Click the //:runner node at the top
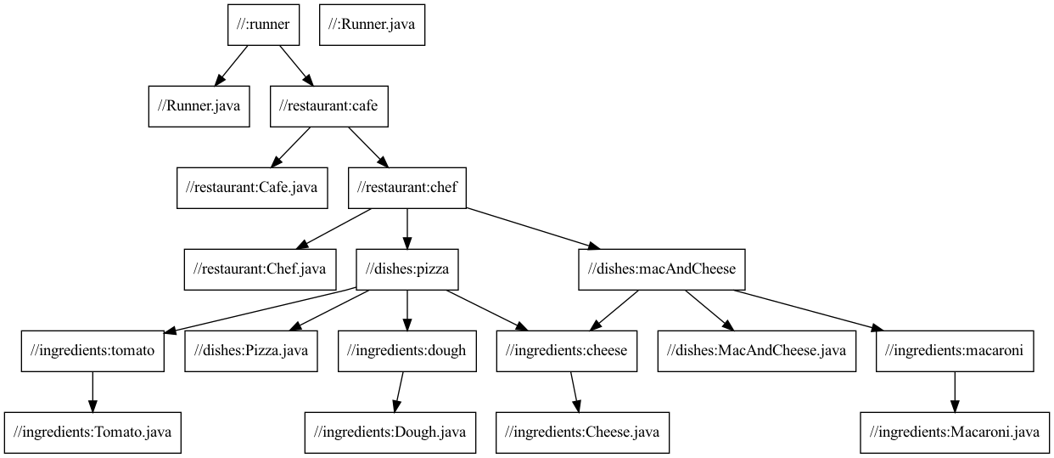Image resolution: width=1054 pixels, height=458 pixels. (x=264, y=25)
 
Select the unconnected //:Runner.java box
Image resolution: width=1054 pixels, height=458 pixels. (x=372, y=25)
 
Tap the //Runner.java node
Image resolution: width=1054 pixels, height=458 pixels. (x=199, y=106)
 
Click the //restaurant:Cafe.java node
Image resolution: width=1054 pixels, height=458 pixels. (x=252, y=188)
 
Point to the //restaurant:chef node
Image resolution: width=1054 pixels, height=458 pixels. (x=407, y=188)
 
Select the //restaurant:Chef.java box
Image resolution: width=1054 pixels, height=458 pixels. (x=260, y=269)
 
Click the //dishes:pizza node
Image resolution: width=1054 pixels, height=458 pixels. (x=407, y=269)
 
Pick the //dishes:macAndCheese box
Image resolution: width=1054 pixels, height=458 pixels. (x=662, y=269)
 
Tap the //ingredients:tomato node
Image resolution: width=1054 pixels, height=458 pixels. (x=93, y=351)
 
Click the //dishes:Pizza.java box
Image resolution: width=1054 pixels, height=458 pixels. (x=251, y=351)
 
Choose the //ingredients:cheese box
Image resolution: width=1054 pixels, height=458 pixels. (x=566, y=351)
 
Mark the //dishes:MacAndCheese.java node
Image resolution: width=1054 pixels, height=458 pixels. (x=757, y=351)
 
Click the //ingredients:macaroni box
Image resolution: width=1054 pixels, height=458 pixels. (x=955, y=351)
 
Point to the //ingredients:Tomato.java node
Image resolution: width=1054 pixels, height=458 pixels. (x=93, y=433)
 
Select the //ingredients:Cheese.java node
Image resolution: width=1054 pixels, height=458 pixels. (x=582, y=433)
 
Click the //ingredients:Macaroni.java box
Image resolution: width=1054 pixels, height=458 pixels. (x=955, y=433)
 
